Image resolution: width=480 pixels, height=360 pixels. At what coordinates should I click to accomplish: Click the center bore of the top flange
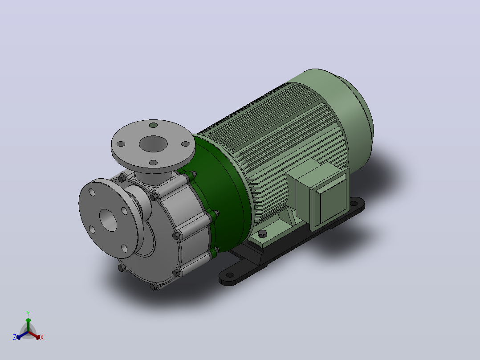click(x=153, y=144)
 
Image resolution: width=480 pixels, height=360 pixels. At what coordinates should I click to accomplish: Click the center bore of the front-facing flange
click(x=108, y=220)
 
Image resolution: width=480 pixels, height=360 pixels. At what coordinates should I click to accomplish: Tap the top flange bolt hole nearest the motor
click(x=186, y=144)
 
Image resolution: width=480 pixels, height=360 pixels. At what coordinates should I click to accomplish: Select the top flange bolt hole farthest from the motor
click(x=121, y=144)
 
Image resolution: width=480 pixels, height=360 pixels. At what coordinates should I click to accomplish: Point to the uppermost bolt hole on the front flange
click(x=92, y=192)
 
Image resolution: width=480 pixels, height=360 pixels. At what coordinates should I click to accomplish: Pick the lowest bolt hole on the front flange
click(x=124, y=248)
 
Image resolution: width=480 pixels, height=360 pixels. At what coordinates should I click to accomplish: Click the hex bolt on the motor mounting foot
click(x=262, y=234)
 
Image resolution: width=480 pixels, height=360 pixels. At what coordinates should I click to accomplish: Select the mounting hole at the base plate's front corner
click(x=230, y=275)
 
